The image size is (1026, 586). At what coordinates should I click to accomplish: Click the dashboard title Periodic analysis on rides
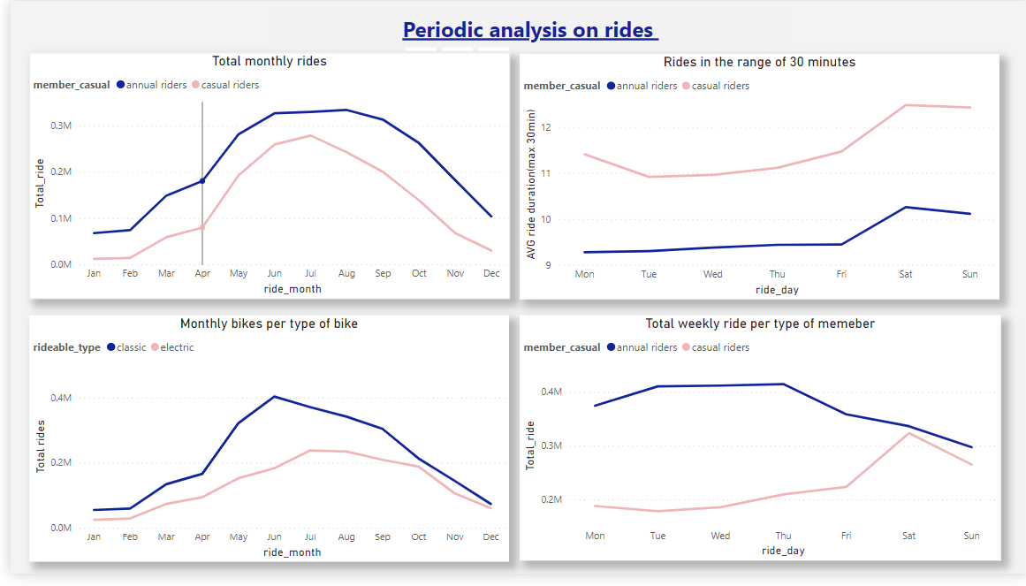coord(530,30)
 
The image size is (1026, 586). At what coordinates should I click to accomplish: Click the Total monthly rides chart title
coord(270,61)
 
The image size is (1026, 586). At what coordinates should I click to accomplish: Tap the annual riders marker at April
coord(202,181)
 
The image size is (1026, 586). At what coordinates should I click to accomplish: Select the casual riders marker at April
coord(202,227)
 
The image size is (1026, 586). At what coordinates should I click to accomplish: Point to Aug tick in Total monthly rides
coord(346,273)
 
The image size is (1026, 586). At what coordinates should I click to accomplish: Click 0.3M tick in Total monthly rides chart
coord(61,126)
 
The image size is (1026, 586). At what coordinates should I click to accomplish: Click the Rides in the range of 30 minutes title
coord(759,62)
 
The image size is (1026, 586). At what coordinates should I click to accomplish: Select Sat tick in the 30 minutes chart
coord(906,274)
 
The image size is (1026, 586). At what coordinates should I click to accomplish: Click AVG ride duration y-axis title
coord(531,184)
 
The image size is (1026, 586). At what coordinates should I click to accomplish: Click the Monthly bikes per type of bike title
coord(269,323)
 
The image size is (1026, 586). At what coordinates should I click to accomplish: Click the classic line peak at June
coord(274,397)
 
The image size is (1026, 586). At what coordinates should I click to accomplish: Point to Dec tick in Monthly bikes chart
coord(491,537)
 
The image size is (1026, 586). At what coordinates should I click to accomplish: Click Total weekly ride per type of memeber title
coord(760,323)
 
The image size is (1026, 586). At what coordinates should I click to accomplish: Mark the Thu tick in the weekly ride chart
coord(783,536)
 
